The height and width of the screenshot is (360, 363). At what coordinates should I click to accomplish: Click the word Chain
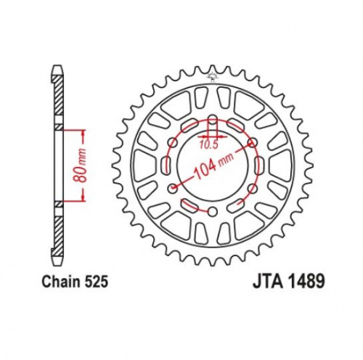point(62,282)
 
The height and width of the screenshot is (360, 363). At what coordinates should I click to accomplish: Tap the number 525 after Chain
point(97,282)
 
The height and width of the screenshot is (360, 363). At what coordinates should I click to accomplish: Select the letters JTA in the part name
point(268,282)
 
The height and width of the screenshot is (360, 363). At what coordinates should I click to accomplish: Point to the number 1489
point(306,282)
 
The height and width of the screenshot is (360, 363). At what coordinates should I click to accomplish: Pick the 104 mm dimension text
point(213,166)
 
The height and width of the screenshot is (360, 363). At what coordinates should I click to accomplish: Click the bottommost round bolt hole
point(213,212)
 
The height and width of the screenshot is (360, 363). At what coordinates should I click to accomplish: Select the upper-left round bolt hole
point(174,143)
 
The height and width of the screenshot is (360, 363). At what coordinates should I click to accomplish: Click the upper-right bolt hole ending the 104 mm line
point(253,143)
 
